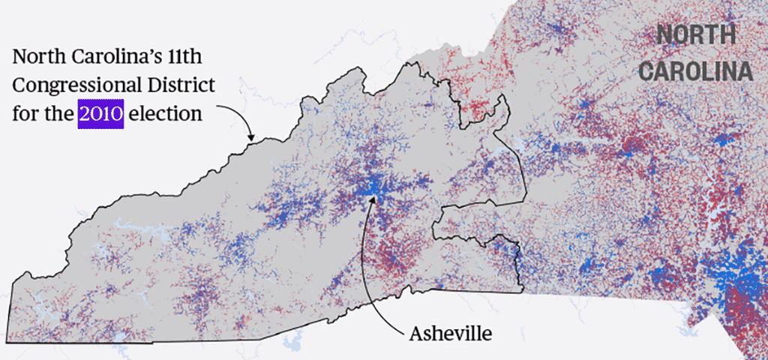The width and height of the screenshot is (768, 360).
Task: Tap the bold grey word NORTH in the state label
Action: [x=696, y=34]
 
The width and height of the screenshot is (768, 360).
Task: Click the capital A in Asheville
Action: [x=415, y=332]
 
